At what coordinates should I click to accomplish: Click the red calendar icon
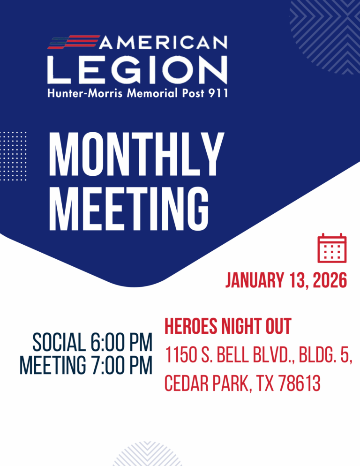click(x=332, y=248)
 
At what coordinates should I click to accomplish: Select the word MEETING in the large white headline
click(x=129, y=209)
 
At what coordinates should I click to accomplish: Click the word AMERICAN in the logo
click(x=163, y=42)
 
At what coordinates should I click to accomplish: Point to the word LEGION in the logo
click(x=137, y=69)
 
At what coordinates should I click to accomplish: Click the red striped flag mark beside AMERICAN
click(x=74, y=42)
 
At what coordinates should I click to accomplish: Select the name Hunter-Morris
click(x=85, y=93)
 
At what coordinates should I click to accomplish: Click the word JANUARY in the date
click(x=255, y=280)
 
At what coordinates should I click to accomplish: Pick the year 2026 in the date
click(x=330, y=280)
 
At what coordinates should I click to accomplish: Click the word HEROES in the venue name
click(x=191, y=326)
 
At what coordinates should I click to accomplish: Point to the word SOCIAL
click(x=59, y=343)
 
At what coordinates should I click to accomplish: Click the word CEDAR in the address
click(x=186, y=383)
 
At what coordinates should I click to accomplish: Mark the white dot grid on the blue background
click(x=14, y=156)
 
